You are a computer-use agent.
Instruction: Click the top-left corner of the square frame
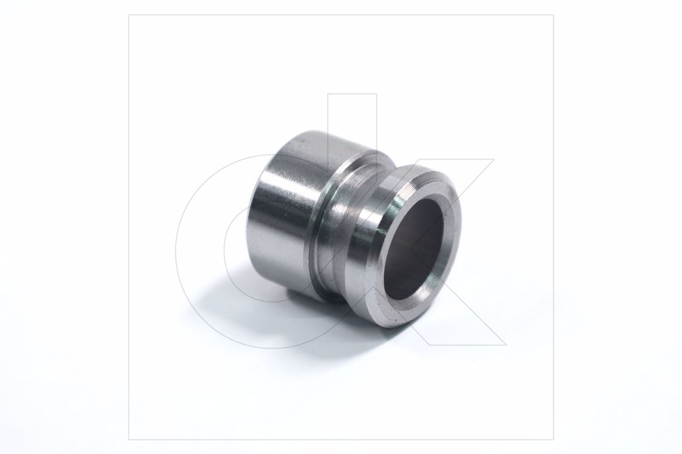tap(129, 15)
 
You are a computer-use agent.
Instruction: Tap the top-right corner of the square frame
tap(553, 15)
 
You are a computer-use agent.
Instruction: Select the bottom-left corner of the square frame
tap(129, 440)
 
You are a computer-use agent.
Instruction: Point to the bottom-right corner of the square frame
tap(553, 440)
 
